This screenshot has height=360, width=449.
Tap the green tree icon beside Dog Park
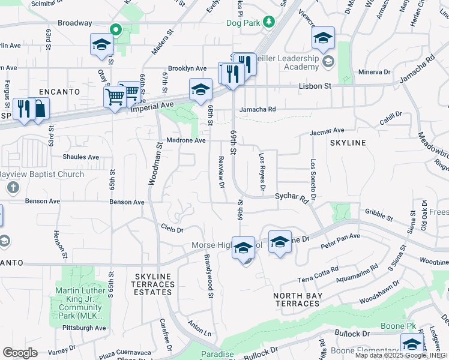270,22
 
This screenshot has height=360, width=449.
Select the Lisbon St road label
315,86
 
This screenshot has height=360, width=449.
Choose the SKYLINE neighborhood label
348,142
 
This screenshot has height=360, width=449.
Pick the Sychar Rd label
291,196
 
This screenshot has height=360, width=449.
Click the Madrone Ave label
190,140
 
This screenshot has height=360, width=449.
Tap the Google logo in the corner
20,352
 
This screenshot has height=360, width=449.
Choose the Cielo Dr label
172,229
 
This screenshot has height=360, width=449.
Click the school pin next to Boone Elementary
411,344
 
